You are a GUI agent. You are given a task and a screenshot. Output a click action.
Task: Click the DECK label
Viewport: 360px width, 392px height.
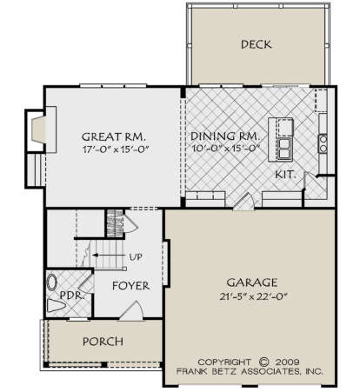(x=257, y=44)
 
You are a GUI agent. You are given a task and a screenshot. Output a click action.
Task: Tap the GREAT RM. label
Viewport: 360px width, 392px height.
(x=113, y=136)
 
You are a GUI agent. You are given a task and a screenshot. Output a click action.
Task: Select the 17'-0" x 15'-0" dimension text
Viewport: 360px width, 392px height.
(x=116, y=149)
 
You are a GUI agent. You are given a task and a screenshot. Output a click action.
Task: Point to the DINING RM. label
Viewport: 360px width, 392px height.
(x=224, y=136)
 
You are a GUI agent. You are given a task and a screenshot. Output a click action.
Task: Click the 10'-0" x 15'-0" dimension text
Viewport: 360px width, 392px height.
(x=225, y=149)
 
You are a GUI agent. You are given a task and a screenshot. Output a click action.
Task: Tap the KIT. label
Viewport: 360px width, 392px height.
(x=285, y=175)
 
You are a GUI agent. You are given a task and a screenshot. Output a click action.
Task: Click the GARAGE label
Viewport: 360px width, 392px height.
(x=252, y=282)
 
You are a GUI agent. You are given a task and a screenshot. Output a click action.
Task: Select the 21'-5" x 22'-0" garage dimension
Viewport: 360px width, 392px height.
(x=253, y=296)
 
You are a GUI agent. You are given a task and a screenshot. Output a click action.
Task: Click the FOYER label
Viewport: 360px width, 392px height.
(x=131, y=286)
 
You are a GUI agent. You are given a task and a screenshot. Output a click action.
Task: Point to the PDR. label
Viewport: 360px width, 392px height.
(x=72, y=296)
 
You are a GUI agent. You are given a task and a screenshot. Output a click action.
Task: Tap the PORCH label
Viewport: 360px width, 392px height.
(x=103, y=342)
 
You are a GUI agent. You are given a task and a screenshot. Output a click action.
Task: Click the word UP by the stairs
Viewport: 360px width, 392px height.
(x=136, y=256)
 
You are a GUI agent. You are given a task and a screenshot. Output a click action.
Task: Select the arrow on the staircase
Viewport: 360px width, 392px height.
(x=108, y=256)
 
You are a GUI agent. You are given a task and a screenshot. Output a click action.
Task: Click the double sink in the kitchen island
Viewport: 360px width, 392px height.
(x=285, y=149)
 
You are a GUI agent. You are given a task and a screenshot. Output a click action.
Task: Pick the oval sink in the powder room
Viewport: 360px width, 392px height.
(x=52, y=282)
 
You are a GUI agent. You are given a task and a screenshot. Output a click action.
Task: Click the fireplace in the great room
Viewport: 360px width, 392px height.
(x=39, y=130)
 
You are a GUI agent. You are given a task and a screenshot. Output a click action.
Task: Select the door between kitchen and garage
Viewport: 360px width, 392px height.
(x=244, y=201)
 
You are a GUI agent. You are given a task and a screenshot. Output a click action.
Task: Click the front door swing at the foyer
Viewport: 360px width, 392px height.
(x=132, y=310)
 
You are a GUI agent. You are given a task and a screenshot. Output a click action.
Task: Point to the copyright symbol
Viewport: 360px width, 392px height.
(x=263, y=362)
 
